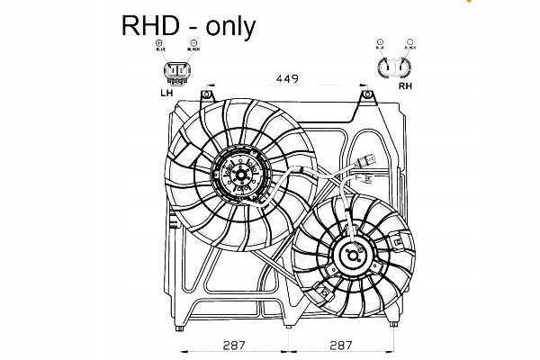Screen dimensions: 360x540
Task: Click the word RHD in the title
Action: (151, 25)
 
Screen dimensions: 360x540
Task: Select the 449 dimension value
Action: (286, 79)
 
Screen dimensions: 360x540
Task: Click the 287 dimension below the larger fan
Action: (234, 345)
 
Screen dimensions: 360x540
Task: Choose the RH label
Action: (404, 88)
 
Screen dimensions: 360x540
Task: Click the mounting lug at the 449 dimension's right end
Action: (364, 94)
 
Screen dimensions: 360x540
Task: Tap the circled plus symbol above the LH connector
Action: (159, 43)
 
